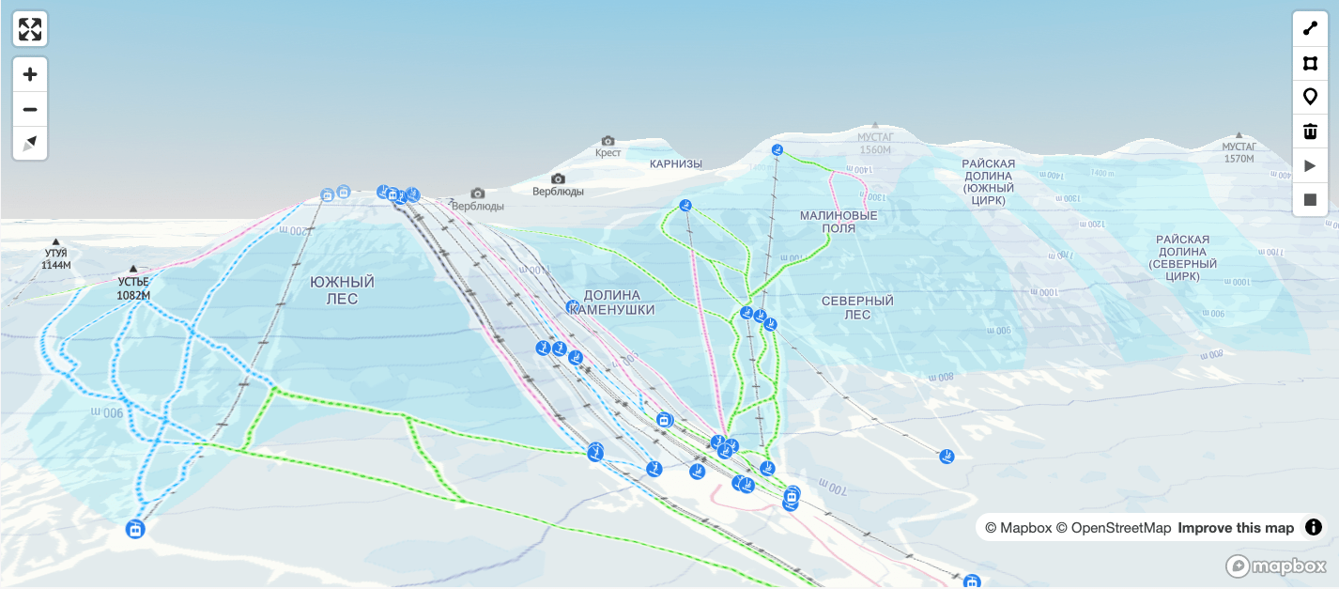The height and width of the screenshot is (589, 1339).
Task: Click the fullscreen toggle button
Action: tap(30, 29)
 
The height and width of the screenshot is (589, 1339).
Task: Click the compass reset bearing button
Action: tap(30, 143)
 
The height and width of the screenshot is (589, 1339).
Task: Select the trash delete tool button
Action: tap(1310, 131)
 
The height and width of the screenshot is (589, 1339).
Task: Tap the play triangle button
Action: tap(1310, 165)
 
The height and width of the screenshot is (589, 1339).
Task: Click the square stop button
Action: tap(1310, 200)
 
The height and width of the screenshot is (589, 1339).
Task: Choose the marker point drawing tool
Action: tap(1310, 97)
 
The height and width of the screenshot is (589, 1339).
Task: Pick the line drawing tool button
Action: tap(1310, 28)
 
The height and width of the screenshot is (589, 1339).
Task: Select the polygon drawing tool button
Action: tap(1310, 63)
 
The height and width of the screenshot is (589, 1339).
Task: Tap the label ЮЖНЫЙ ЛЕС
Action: tap(342, 290)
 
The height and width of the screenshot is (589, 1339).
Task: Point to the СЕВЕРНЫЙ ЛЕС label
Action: tap(857, 307)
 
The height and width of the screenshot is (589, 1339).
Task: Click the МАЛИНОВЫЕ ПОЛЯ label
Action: tap(839, 221)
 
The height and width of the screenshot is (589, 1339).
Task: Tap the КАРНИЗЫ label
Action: tap(676, 163)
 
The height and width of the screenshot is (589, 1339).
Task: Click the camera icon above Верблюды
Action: tap(558, 178)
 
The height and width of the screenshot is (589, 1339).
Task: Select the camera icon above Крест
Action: tap(608, 141)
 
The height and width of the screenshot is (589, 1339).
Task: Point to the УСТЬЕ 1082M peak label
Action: tap(133, 287)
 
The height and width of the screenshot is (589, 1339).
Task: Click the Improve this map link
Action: tap(1236, 528)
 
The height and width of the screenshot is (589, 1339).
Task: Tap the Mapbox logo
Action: tap(1275, 566)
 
